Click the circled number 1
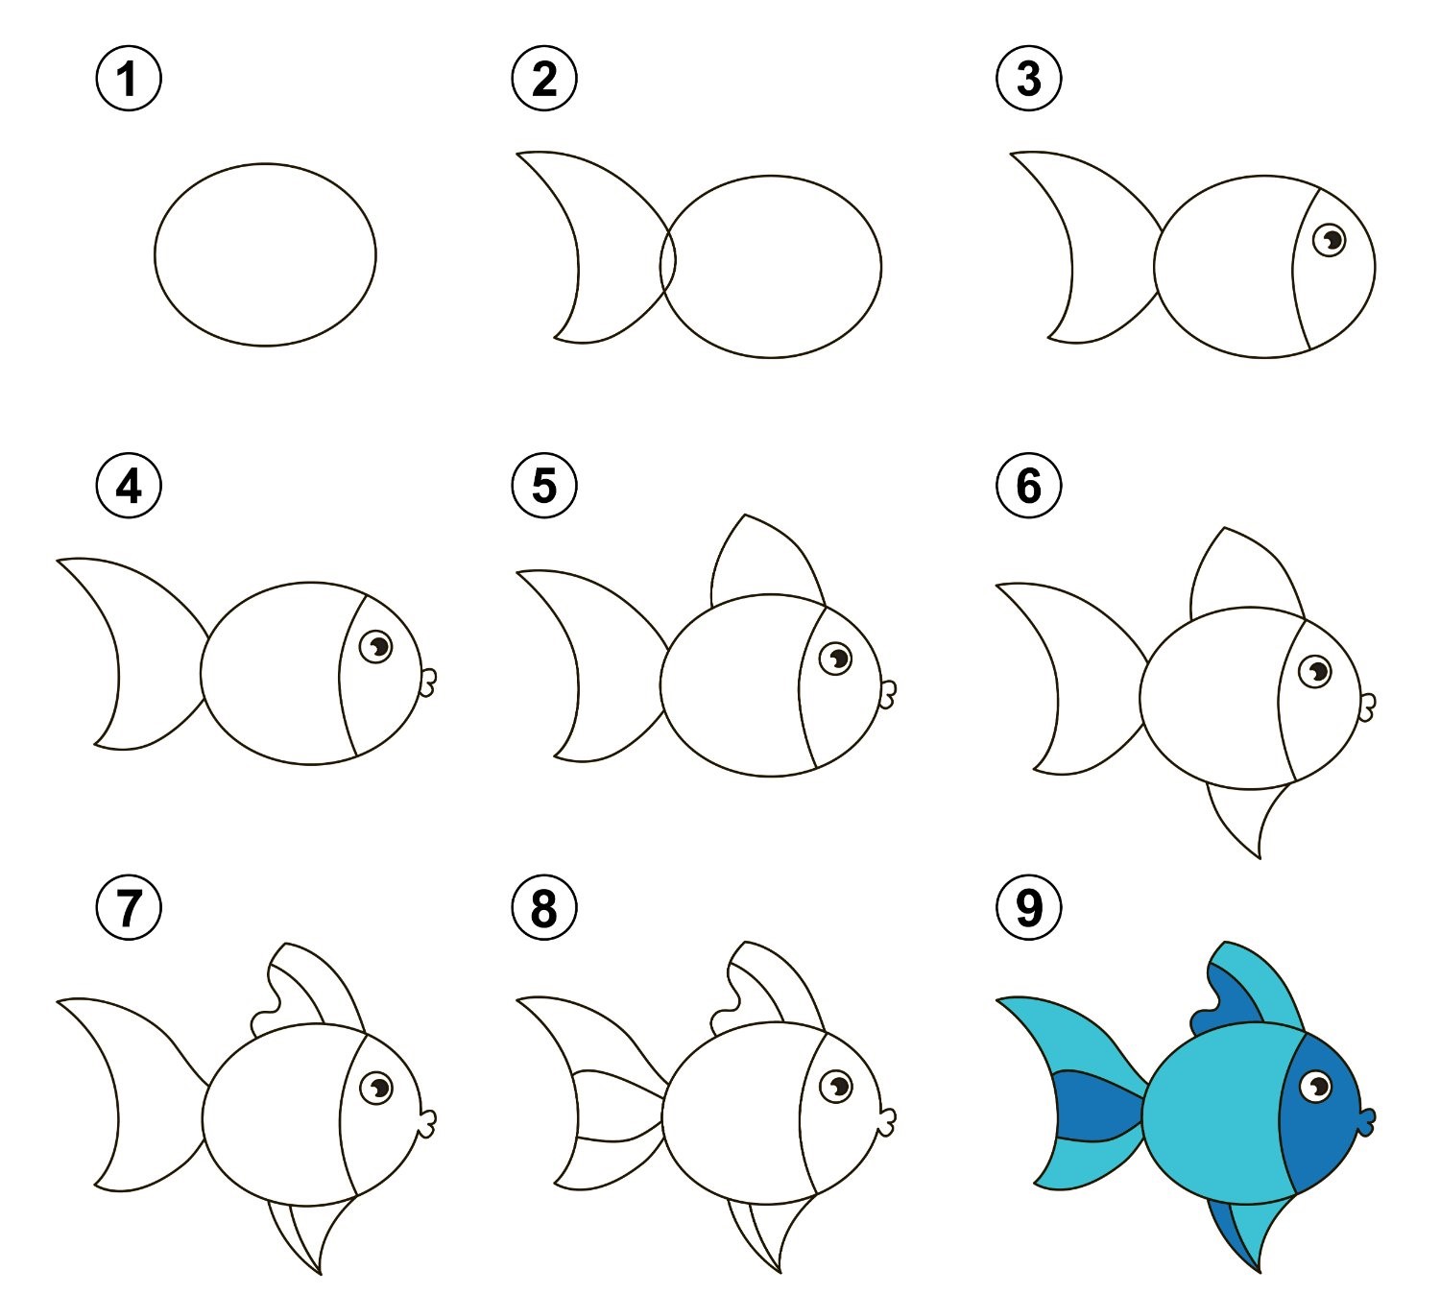tap(129, 79)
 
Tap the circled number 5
tap(544, 486)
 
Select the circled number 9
tap(1029, 907)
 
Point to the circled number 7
tap(129, 907)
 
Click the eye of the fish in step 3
tap(1330, 239)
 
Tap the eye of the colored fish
tap(1316, 1087)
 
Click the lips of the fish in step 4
tap(427, 683)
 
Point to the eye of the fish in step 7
tap(376, 1089)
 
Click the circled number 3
tap(1029, 79)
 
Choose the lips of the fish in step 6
tap(1367, 707)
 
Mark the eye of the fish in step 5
tap(835, 658)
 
